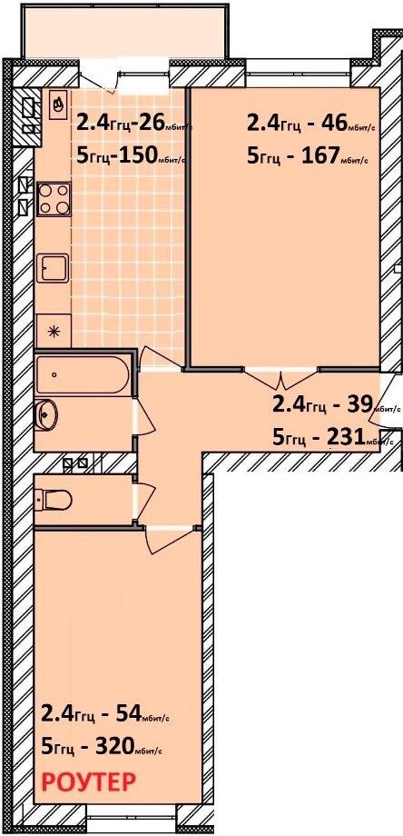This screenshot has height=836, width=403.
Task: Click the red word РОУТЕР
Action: point(88,782)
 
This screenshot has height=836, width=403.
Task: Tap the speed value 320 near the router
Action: point(113,748)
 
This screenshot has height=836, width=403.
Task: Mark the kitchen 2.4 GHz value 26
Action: point(151,123)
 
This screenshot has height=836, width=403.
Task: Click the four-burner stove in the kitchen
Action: point(54,199)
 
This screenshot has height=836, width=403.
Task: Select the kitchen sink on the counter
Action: point(53,269)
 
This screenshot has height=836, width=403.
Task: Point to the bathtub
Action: point(83,374)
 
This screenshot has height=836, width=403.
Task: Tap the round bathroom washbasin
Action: point(46,413)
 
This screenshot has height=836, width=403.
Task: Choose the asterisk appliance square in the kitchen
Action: point(53,331)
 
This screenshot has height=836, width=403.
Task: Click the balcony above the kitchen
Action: point(124,30)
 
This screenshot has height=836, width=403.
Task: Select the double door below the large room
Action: point(281,377)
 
